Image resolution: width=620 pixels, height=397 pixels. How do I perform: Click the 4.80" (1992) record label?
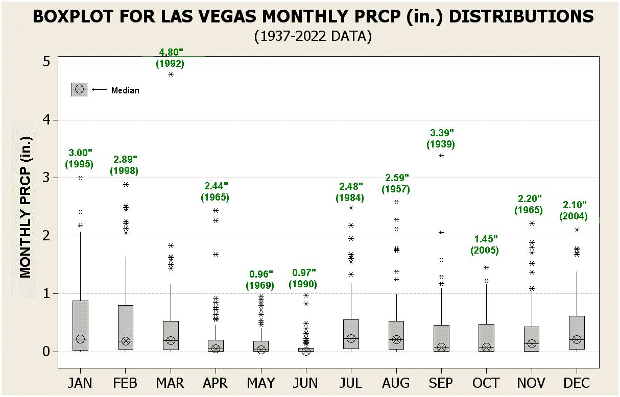click(x=170, y=58)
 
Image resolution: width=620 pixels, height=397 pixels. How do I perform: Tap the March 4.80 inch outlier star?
click(x=171, y=74)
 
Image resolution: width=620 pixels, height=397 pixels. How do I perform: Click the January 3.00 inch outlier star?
click(x=80, y=178)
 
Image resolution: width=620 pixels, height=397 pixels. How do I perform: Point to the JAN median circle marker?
click(x=80, y=339)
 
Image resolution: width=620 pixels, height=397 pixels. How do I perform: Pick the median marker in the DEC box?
click(x=577, y=340)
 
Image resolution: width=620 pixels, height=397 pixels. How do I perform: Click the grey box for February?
click(x=126, y=327)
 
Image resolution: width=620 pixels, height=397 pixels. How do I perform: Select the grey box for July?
click(x=351, y=334)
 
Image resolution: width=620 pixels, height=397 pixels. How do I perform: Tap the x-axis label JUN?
click(x=306, y=383)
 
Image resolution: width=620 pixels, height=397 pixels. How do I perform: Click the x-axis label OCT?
click(x=486, y=383)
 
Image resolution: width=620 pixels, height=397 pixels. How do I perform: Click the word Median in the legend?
click(x=125, y=90)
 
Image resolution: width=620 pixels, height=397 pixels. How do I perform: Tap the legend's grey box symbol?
click(x=79, y=89)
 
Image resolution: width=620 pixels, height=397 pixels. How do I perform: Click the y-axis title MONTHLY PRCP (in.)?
click(x=26, y=207)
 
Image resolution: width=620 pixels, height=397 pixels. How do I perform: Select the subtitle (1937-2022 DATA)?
click(x=312, y=36)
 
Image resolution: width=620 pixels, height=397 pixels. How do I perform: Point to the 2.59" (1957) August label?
click(x=396, y=183)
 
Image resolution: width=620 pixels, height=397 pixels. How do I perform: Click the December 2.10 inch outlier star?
click(x=577, y=230)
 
